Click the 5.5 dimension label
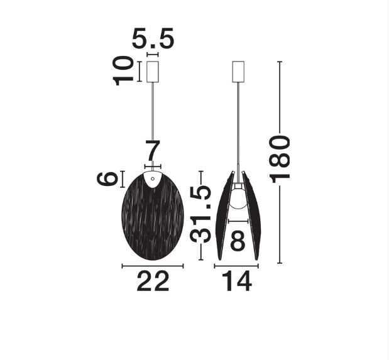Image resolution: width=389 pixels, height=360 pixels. pos(153,38)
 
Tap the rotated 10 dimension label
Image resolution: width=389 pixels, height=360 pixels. pos(123,71)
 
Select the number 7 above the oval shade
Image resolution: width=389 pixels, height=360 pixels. pos(153,151)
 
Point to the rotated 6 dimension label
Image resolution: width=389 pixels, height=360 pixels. pos(107,178)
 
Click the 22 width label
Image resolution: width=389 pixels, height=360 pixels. pos(153,281)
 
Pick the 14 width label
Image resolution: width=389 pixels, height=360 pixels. pos(236,281)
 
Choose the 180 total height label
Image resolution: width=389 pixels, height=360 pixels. pos(280,159)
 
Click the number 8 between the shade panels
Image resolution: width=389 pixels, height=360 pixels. pos(238,240)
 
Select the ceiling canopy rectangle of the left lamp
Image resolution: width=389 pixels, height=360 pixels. pos(153,72)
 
